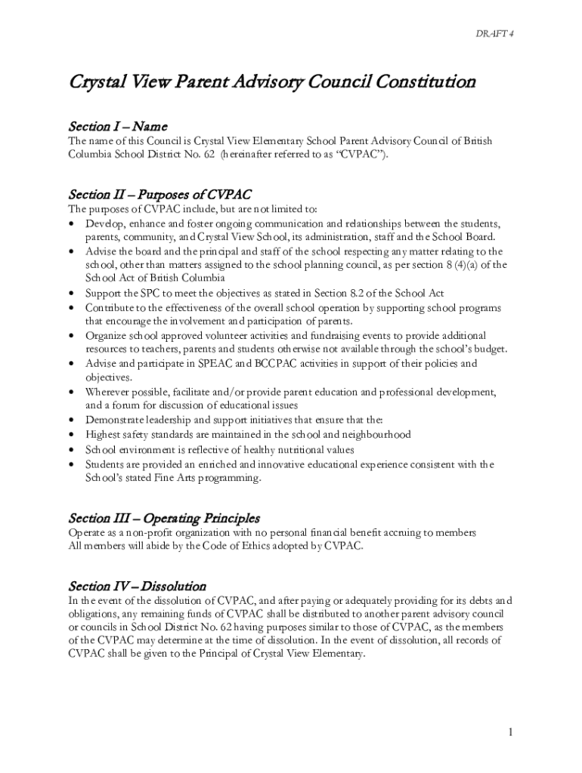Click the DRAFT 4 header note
coord(495,34)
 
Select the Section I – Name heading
coord(117,125)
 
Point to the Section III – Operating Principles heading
coord(164,518)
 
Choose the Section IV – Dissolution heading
coord(137,586)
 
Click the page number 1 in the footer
coord(511,732)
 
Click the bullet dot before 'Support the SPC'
coord(71,294)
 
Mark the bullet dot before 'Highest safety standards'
coord(71,435)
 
